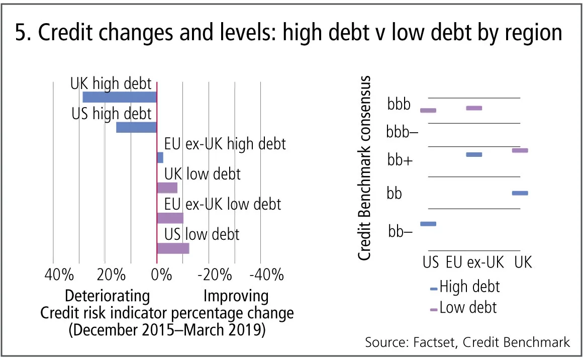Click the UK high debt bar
(x=120, y=97)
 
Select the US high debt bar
(x=136, y=127)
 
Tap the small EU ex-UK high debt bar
(x=160, y=157)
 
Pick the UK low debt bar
(x=167, y=188)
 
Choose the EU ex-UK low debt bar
(x=170, y=218)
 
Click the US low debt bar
(x=173, y=248)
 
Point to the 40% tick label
(x=59, y=275)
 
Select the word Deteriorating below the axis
(x=107, y=295)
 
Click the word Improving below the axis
(x=236, y=295)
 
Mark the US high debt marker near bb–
(x=428, y=224)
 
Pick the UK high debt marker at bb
(x=520, y=193)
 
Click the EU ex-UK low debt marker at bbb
(x=474, y=108)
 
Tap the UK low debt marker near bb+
(x=520, y=150)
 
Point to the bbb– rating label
(x=403, y=133)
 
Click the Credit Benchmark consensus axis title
(x=365, y=168)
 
